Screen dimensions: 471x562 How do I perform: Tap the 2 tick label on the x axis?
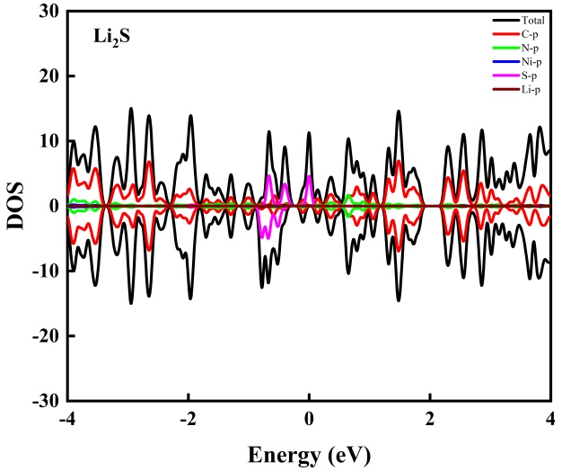(430, 420)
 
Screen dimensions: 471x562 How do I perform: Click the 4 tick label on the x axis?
(550, 420)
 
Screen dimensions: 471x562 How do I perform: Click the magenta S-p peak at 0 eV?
(309, 177)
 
